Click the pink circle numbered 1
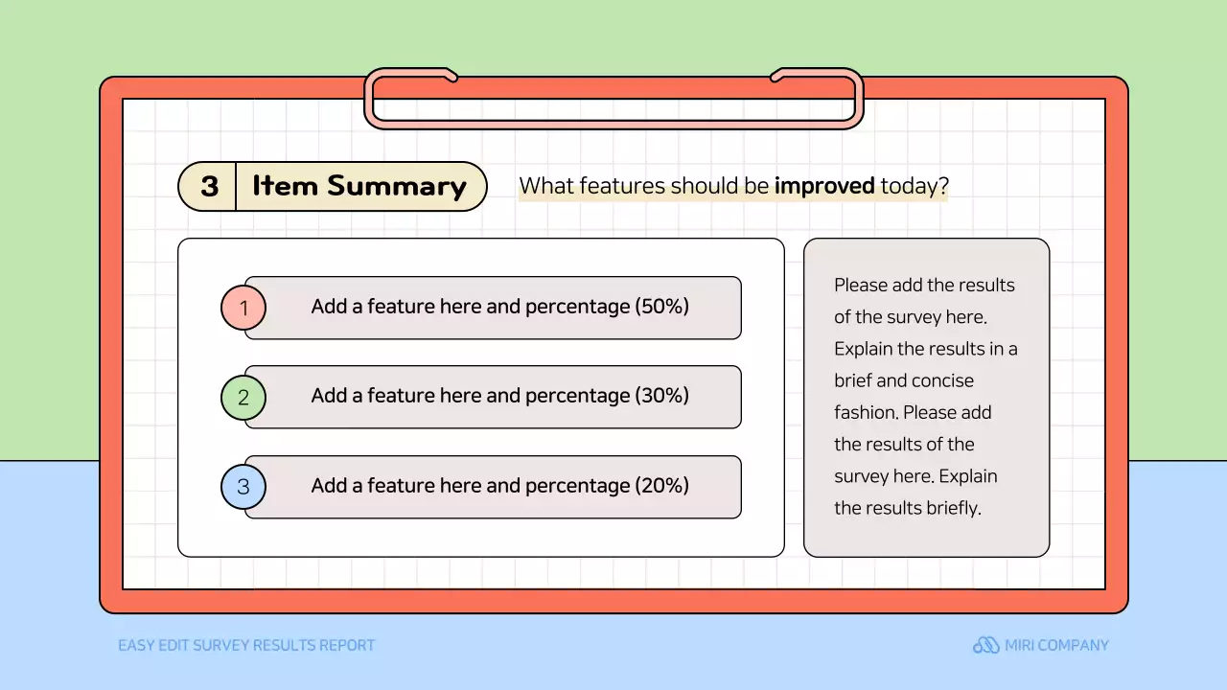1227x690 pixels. coord(243,308)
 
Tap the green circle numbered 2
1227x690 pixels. coord(243,397)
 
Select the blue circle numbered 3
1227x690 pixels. coord(243,486)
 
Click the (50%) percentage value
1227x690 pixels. coord(661,306)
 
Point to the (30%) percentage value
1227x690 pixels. coord(661,396)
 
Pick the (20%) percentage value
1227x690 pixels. coord(661,485)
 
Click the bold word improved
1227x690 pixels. coord(824,186)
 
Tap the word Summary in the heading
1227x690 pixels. coord(397,186)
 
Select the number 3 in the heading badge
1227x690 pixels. coord(210,186)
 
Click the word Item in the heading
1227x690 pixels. coord(285,186)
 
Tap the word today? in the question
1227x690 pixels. coord(914,186)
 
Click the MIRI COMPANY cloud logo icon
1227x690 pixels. coord(986,645)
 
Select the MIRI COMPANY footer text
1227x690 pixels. coord(1056,645)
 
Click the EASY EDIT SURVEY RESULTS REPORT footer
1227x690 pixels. coord(246,645)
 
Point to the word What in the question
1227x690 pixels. coord(546,186)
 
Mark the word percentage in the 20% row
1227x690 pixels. coord(578,486)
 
